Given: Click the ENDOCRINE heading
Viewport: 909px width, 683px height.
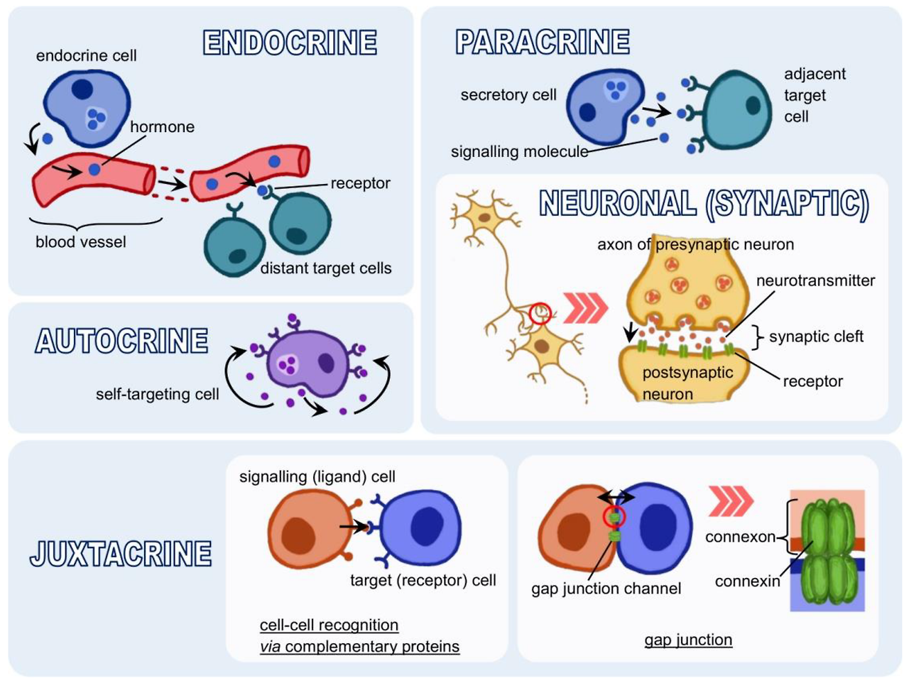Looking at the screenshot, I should [x=290, y=43].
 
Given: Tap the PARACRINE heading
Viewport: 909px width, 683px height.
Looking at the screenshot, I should [x=543, y=42].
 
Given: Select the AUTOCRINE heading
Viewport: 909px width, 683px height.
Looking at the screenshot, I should [x=121, y=341].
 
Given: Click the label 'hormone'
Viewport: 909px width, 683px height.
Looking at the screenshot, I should [x=162, y=127].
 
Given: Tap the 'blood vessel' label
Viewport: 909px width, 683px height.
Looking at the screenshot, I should [x=81, y=242].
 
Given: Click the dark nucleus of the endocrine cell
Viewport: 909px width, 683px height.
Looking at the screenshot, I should [x=81, y=89].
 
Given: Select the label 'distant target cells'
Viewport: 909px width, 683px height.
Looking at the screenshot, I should [x=326, y=268].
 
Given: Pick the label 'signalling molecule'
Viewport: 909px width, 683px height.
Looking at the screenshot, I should [x=519, y=152].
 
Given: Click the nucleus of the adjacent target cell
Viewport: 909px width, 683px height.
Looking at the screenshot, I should [x=753, y=106].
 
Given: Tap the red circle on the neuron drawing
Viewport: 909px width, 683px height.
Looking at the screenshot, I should [x=540, y=313].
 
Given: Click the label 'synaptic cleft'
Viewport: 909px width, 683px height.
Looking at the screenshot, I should [x=816, y=337].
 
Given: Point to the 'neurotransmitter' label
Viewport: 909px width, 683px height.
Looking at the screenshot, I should [x=815, y=280].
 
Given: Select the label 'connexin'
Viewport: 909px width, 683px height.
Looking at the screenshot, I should [x=747, y=581].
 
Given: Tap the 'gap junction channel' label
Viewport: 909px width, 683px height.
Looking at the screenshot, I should [x=606, y=589].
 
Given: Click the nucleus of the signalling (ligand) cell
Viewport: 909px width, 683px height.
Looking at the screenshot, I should [x=298, y=534].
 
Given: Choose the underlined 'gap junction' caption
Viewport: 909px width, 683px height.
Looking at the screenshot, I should [x=688, y=640].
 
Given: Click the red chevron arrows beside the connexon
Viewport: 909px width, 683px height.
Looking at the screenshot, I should [x=731, y=501].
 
